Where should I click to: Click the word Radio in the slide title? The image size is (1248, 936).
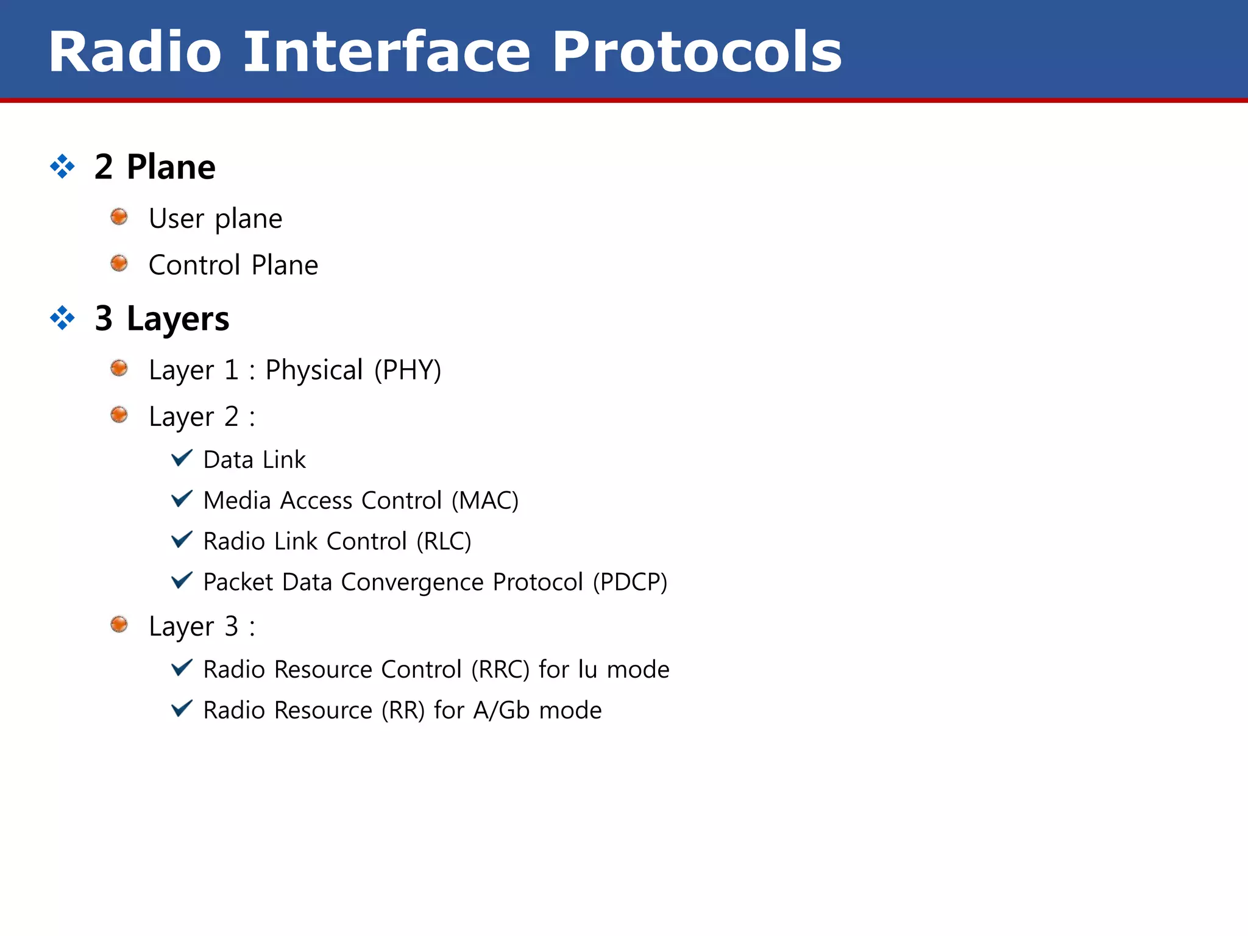[135, 52]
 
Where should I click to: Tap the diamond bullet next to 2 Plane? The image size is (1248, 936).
[62, 166]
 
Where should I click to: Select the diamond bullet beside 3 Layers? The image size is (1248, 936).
[62, 317]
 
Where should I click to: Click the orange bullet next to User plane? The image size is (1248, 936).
[119, 217]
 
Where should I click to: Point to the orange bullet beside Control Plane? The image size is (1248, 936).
[119, 263]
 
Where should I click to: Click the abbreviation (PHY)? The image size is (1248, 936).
[408, 370]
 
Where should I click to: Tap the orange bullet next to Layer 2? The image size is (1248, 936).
[119, 415]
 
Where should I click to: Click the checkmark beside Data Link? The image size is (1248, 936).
[182, 458]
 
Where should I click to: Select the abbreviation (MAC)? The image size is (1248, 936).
[485, 501]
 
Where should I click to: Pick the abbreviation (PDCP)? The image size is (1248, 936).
[630, 583]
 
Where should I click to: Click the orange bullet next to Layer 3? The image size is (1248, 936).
[119, 625]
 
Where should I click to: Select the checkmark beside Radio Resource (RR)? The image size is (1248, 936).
[182, 709]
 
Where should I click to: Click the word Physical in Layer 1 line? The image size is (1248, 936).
[314, 370]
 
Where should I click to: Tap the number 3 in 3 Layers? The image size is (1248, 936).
[104, 318]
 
